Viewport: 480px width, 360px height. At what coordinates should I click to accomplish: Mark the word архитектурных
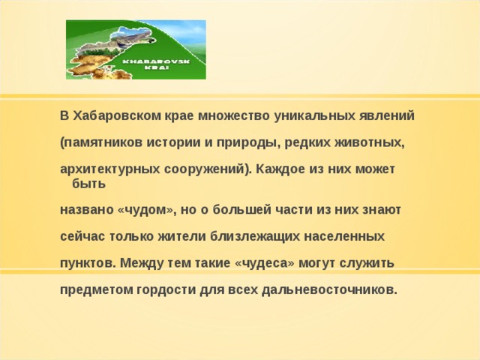pos(104,168)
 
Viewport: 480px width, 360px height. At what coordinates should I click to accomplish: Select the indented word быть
pos(88,183)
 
